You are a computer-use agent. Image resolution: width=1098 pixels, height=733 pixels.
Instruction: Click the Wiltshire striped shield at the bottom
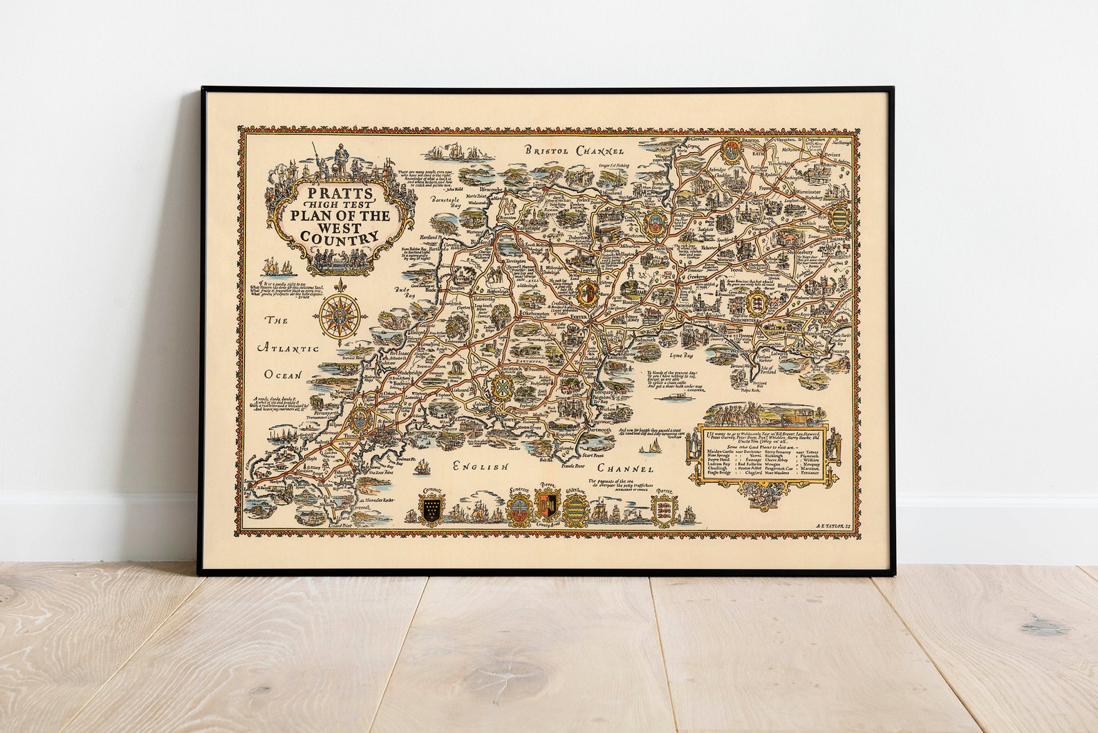[575, 510]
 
